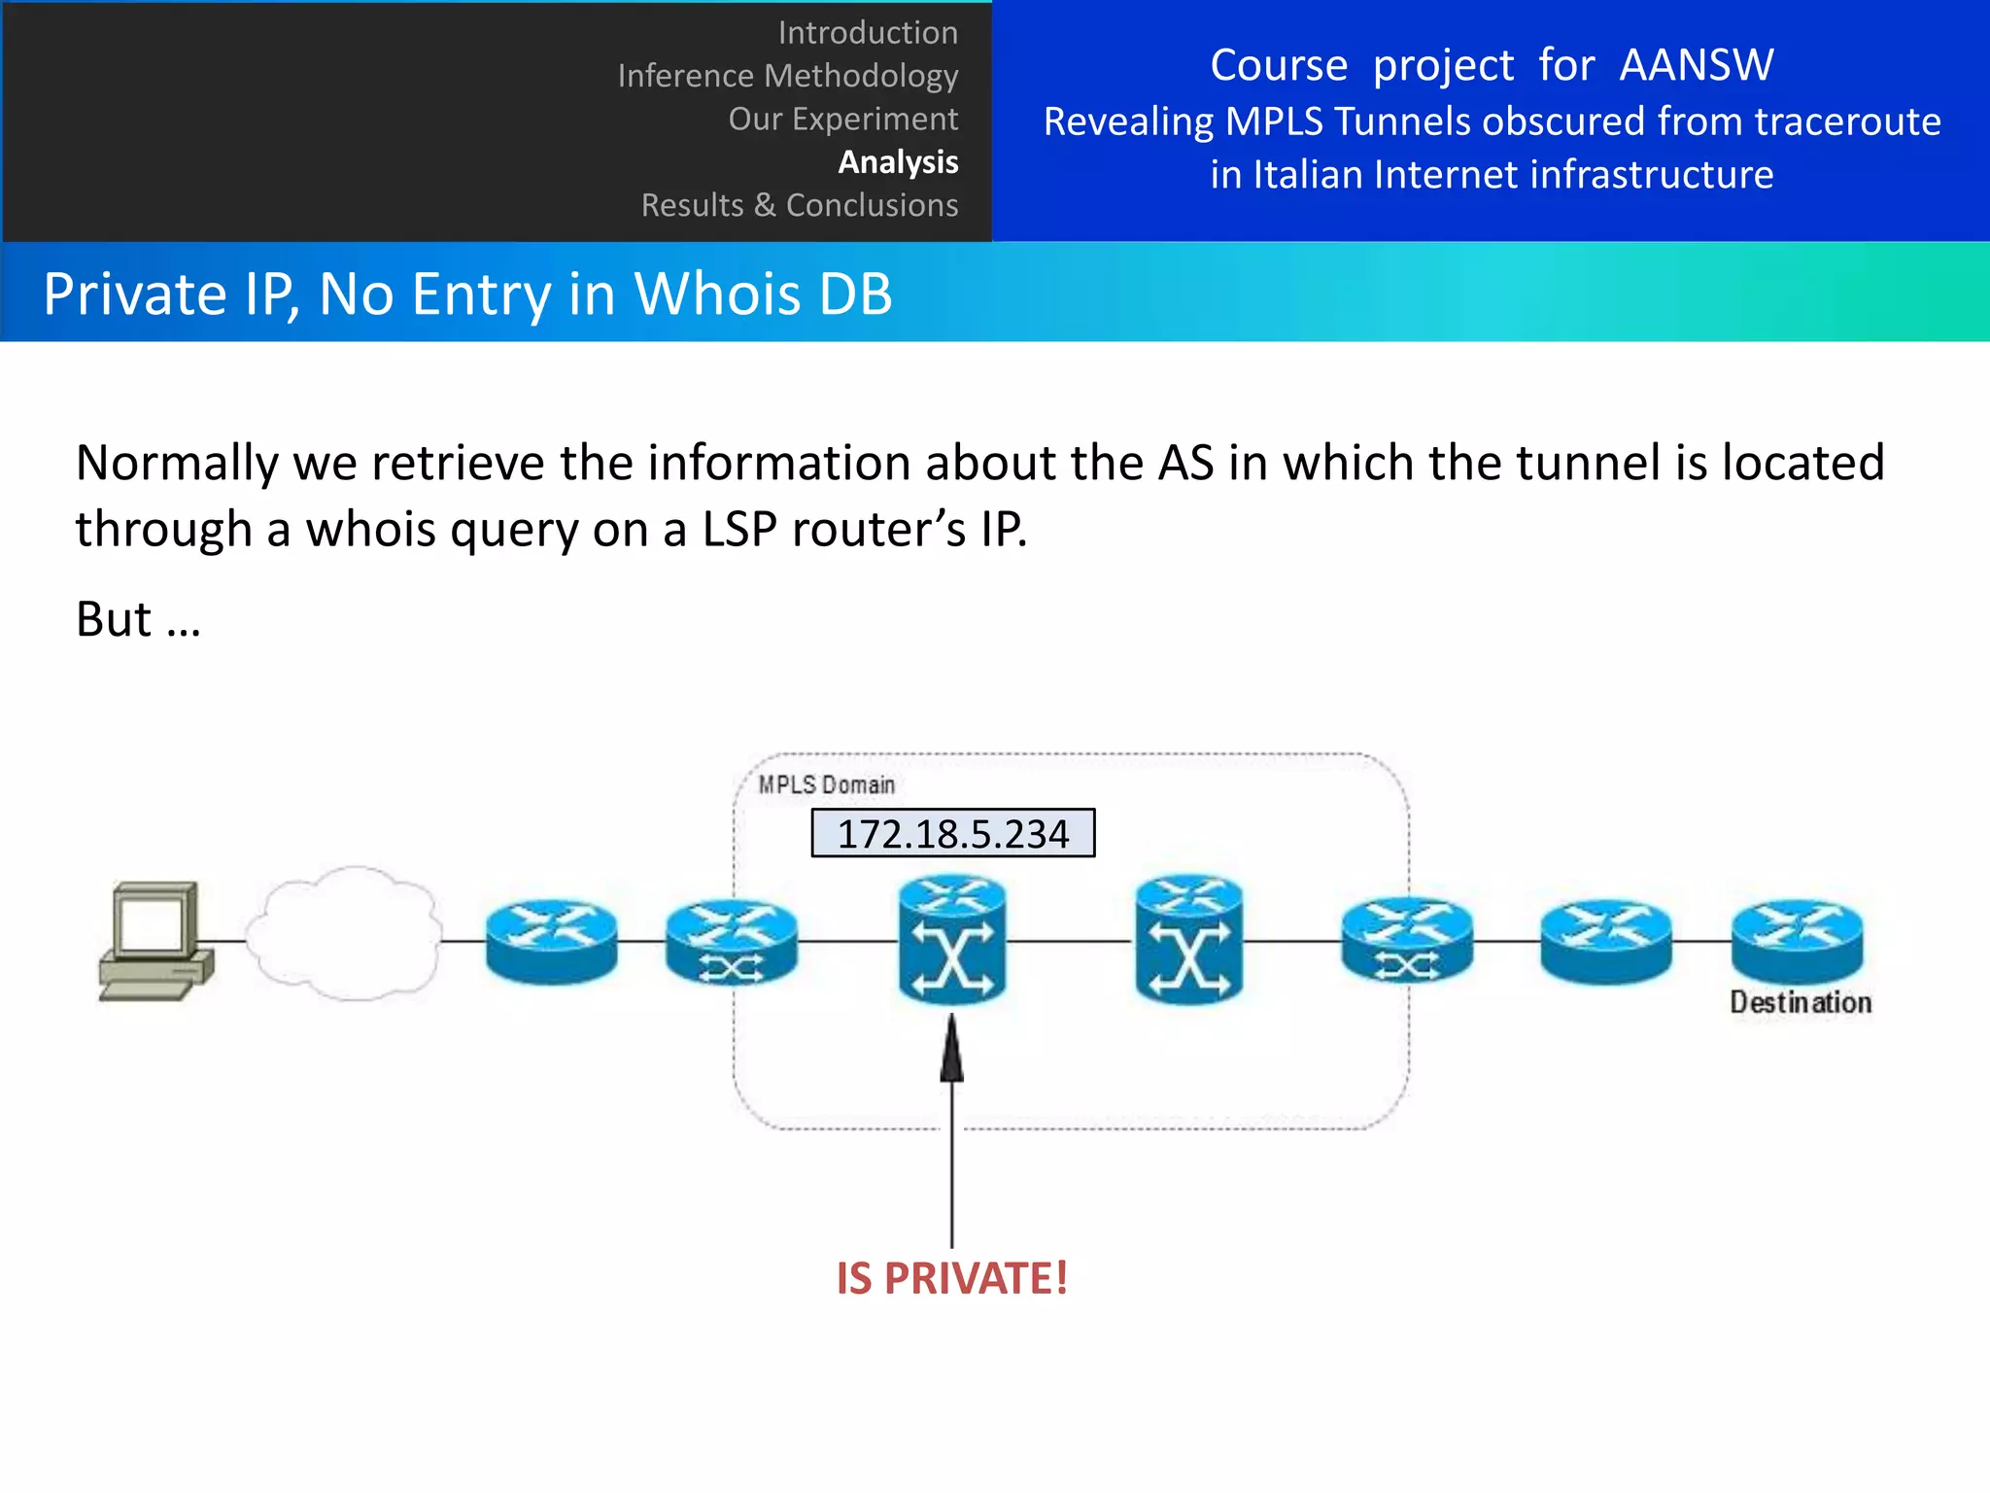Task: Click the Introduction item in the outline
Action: tap(867, 33)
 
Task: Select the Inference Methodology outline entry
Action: tap(787, 76)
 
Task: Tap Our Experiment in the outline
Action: tap(842, 119)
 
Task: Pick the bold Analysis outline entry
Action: tap(898, 161)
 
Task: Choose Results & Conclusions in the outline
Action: tap(799, 205)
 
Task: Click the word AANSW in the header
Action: tap(1696, 66)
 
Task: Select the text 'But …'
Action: tap(138, 619)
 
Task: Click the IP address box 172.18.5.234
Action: tap(952, 834)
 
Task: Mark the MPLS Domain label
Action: tap(826, 784)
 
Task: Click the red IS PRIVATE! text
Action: tap(951, 1278)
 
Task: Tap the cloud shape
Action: tap(343, 933)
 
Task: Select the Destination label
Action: tap(1800, 1002)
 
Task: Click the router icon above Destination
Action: tap(1797, 940)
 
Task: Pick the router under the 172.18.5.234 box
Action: tap(952, 940)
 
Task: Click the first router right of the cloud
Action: tap(551, 940)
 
